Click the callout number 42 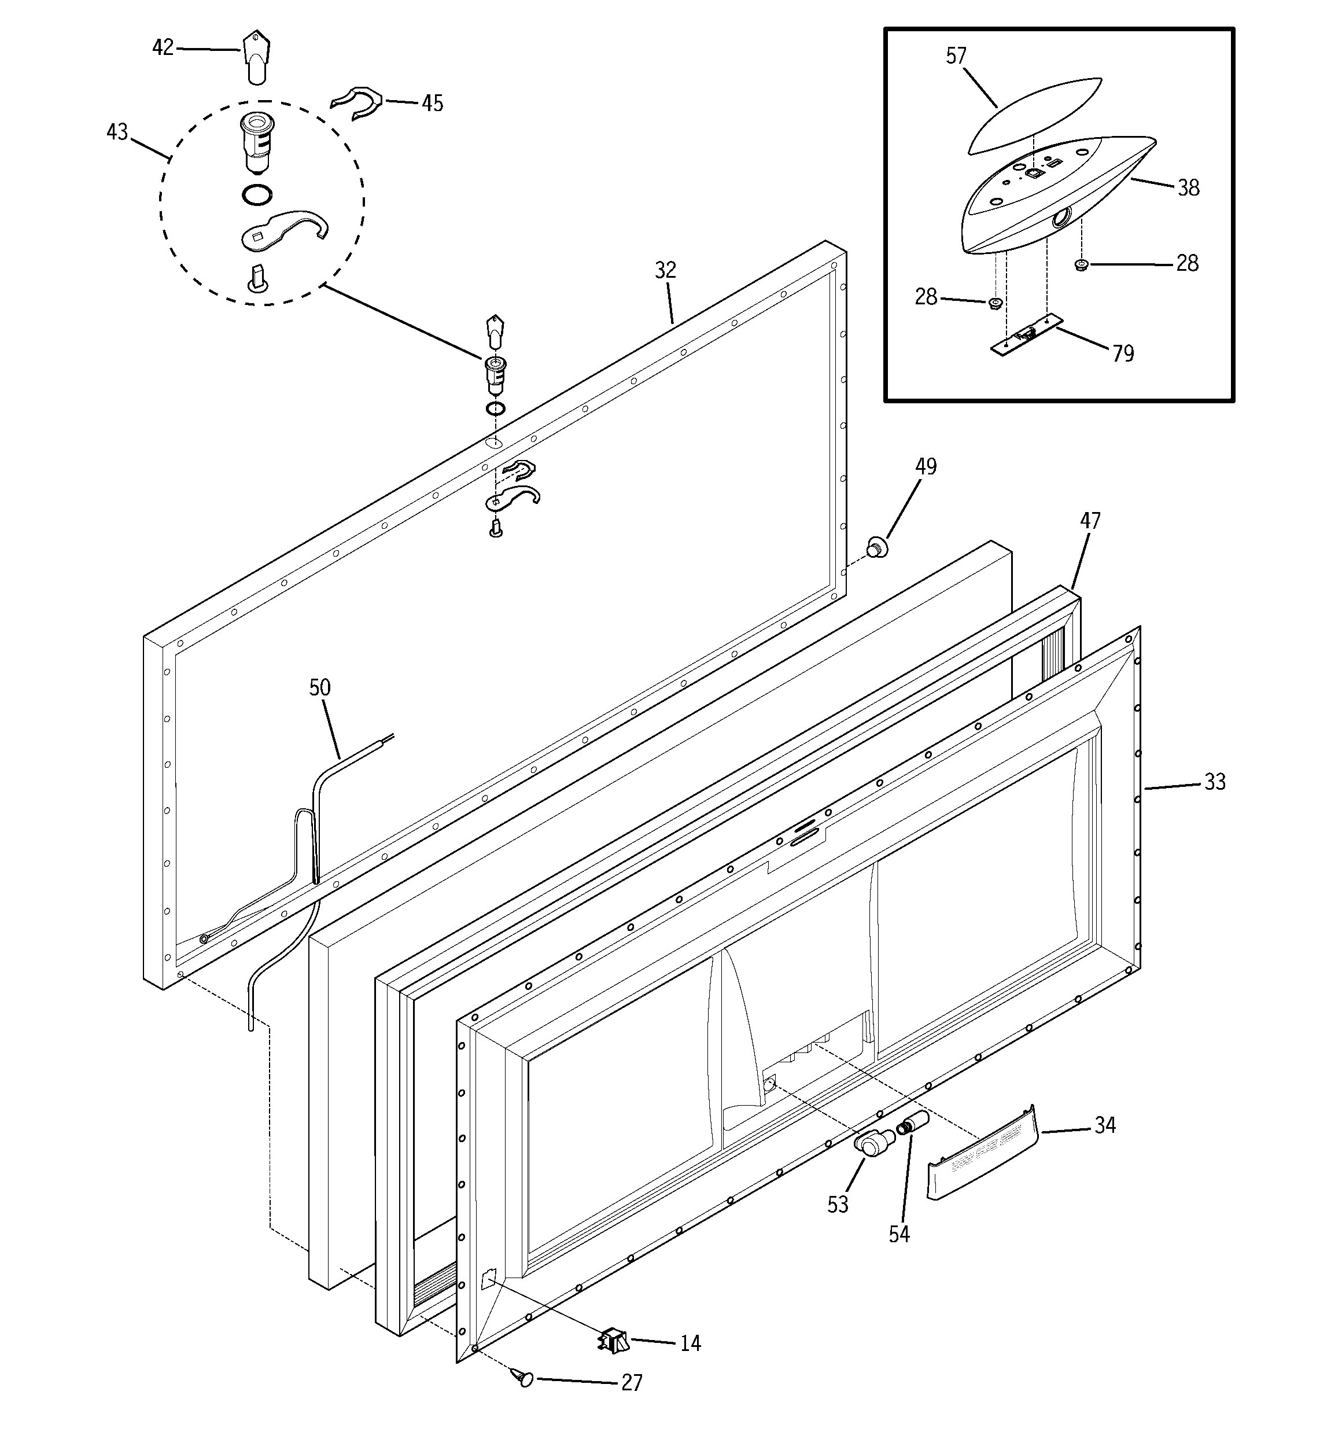coord(163,47)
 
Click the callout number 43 coord(117,132)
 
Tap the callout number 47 coord(1090,520)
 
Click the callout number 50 coord(320,687)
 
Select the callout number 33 coord(1215,782)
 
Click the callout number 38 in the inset coord(1188,188)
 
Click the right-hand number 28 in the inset coord(1187,264)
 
